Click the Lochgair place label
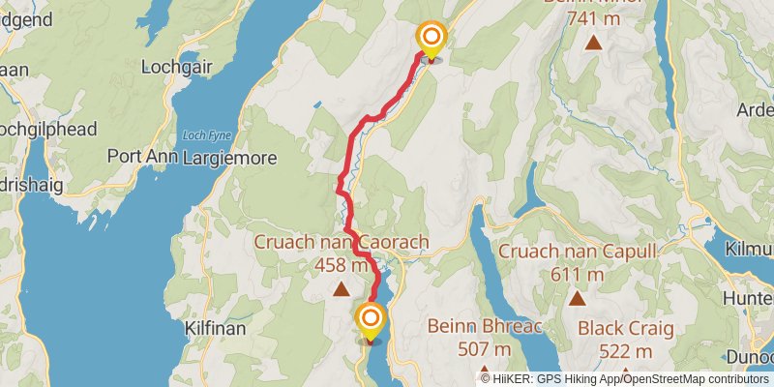170,68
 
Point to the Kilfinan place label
215,329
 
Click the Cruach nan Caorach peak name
342,242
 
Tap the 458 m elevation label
342,263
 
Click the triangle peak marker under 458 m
341,288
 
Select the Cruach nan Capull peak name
578,253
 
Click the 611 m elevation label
578,275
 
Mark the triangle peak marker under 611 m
578,299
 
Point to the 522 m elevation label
625,350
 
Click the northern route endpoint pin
431,40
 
